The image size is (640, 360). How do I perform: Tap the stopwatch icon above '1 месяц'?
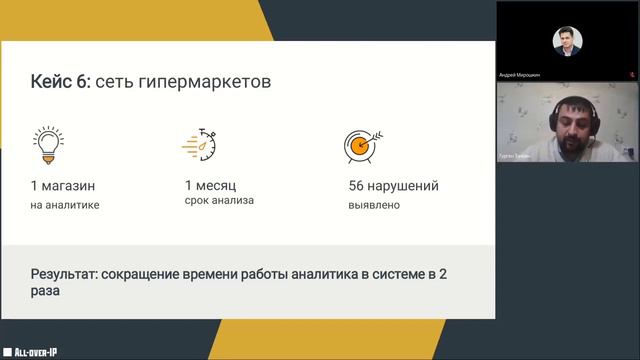[x=200, y=146]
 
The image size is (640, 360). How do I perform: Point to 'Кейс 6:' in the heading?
[x=61, y=81]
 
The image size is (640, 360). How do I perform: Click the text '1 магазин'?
[x=65, y=186]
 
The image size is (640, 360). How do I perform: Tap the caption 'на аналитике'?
[x=65, y=206]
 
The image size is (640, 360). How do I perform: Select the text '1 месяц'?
[x=212, y=185]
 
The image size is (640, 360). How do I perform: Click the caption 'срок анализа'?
[x=219, y=200]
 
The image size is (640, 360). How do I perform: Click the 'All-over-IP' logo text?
[x=37, y=351]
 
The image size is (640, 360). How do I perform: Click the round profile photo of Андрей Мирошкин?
[x=567, y=40]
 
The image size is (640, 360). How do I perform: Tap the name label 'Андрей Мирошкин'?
[x=521, y=74]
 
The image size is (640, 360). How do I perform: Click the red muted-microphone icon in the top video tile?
[x=631, y=73]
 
